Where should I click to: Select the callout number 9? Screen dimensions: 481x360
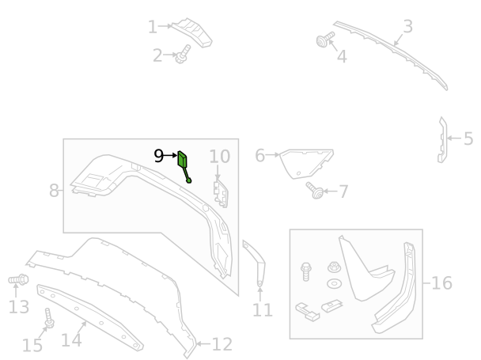[x=158, y=156]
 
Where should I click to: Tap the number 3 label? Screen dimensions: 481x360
[x=407, y=27]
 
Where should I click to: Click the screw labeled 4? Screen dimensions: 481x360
[x=324, y=40]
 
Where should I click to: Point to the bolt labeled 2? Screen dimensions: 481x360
[x=182, y=55]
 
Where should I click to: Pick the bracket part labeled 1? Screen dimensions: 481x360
[x=192, y=32]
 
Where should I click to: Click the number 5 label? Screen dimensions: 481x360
[x=468, y=138]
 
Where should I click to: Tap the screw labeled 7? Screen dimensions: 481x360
[x=315, y=190]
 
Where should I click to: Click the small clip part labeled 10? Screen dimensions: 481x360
[x=221, y=194]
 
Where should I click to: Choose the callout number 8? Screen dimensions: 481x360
[x=54, y=191]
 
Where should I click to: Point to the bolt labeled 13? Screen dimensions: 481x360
[x=18, y=279]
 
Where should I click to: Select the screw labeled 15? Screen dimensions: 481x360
[x=49, y=319]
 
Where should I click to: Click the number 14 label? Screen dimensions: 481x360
[x=71, y=340]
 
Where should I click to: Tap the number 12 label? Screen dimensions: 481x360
[x=222, y=344]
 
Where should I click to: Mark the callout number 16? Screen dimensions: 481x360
[x=441, y=282]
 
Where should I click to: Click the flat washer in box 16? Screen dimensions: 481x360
[x=335, y=283]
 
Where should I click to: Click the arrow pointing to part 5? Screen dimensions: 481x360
[x=454, y=138]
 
